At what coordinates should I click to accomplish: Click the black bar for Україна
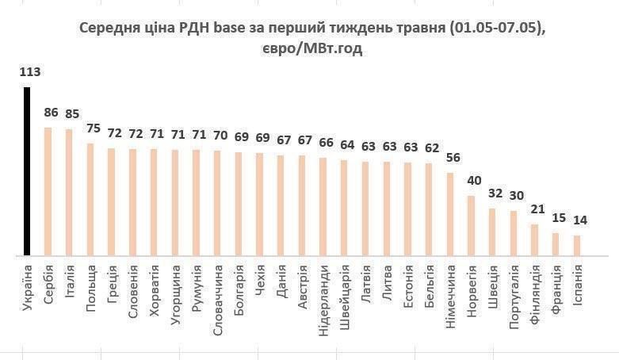pos(27,171)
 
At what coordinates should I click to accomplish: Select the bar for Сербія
pos(48,191)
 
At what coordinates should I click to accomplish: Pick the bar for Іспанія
pos(577,246)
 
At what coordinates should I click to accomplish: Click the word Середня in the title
pos(109,29)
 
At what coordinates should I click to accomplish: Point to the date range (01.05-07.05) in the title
pos(497,29)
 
